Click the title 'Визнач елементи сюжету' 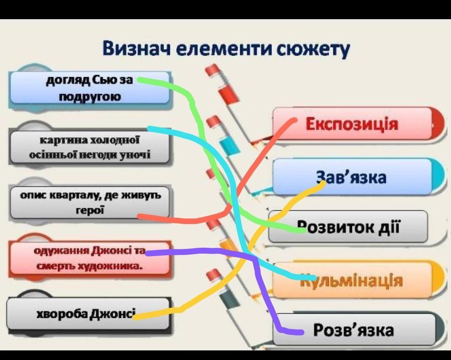(226, 49)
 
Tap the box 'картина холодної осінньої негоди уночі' (89, 147)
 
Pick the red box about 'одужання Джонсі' (89, 258)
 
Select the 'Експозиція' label (352, 124)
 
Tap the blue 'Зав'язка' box (352, 177)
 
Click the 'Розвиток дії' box (347, 227)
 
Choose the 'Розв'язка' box (353, 330)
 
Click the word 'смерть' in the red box (55, 265)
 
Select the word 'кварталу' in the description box (75, 195)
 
